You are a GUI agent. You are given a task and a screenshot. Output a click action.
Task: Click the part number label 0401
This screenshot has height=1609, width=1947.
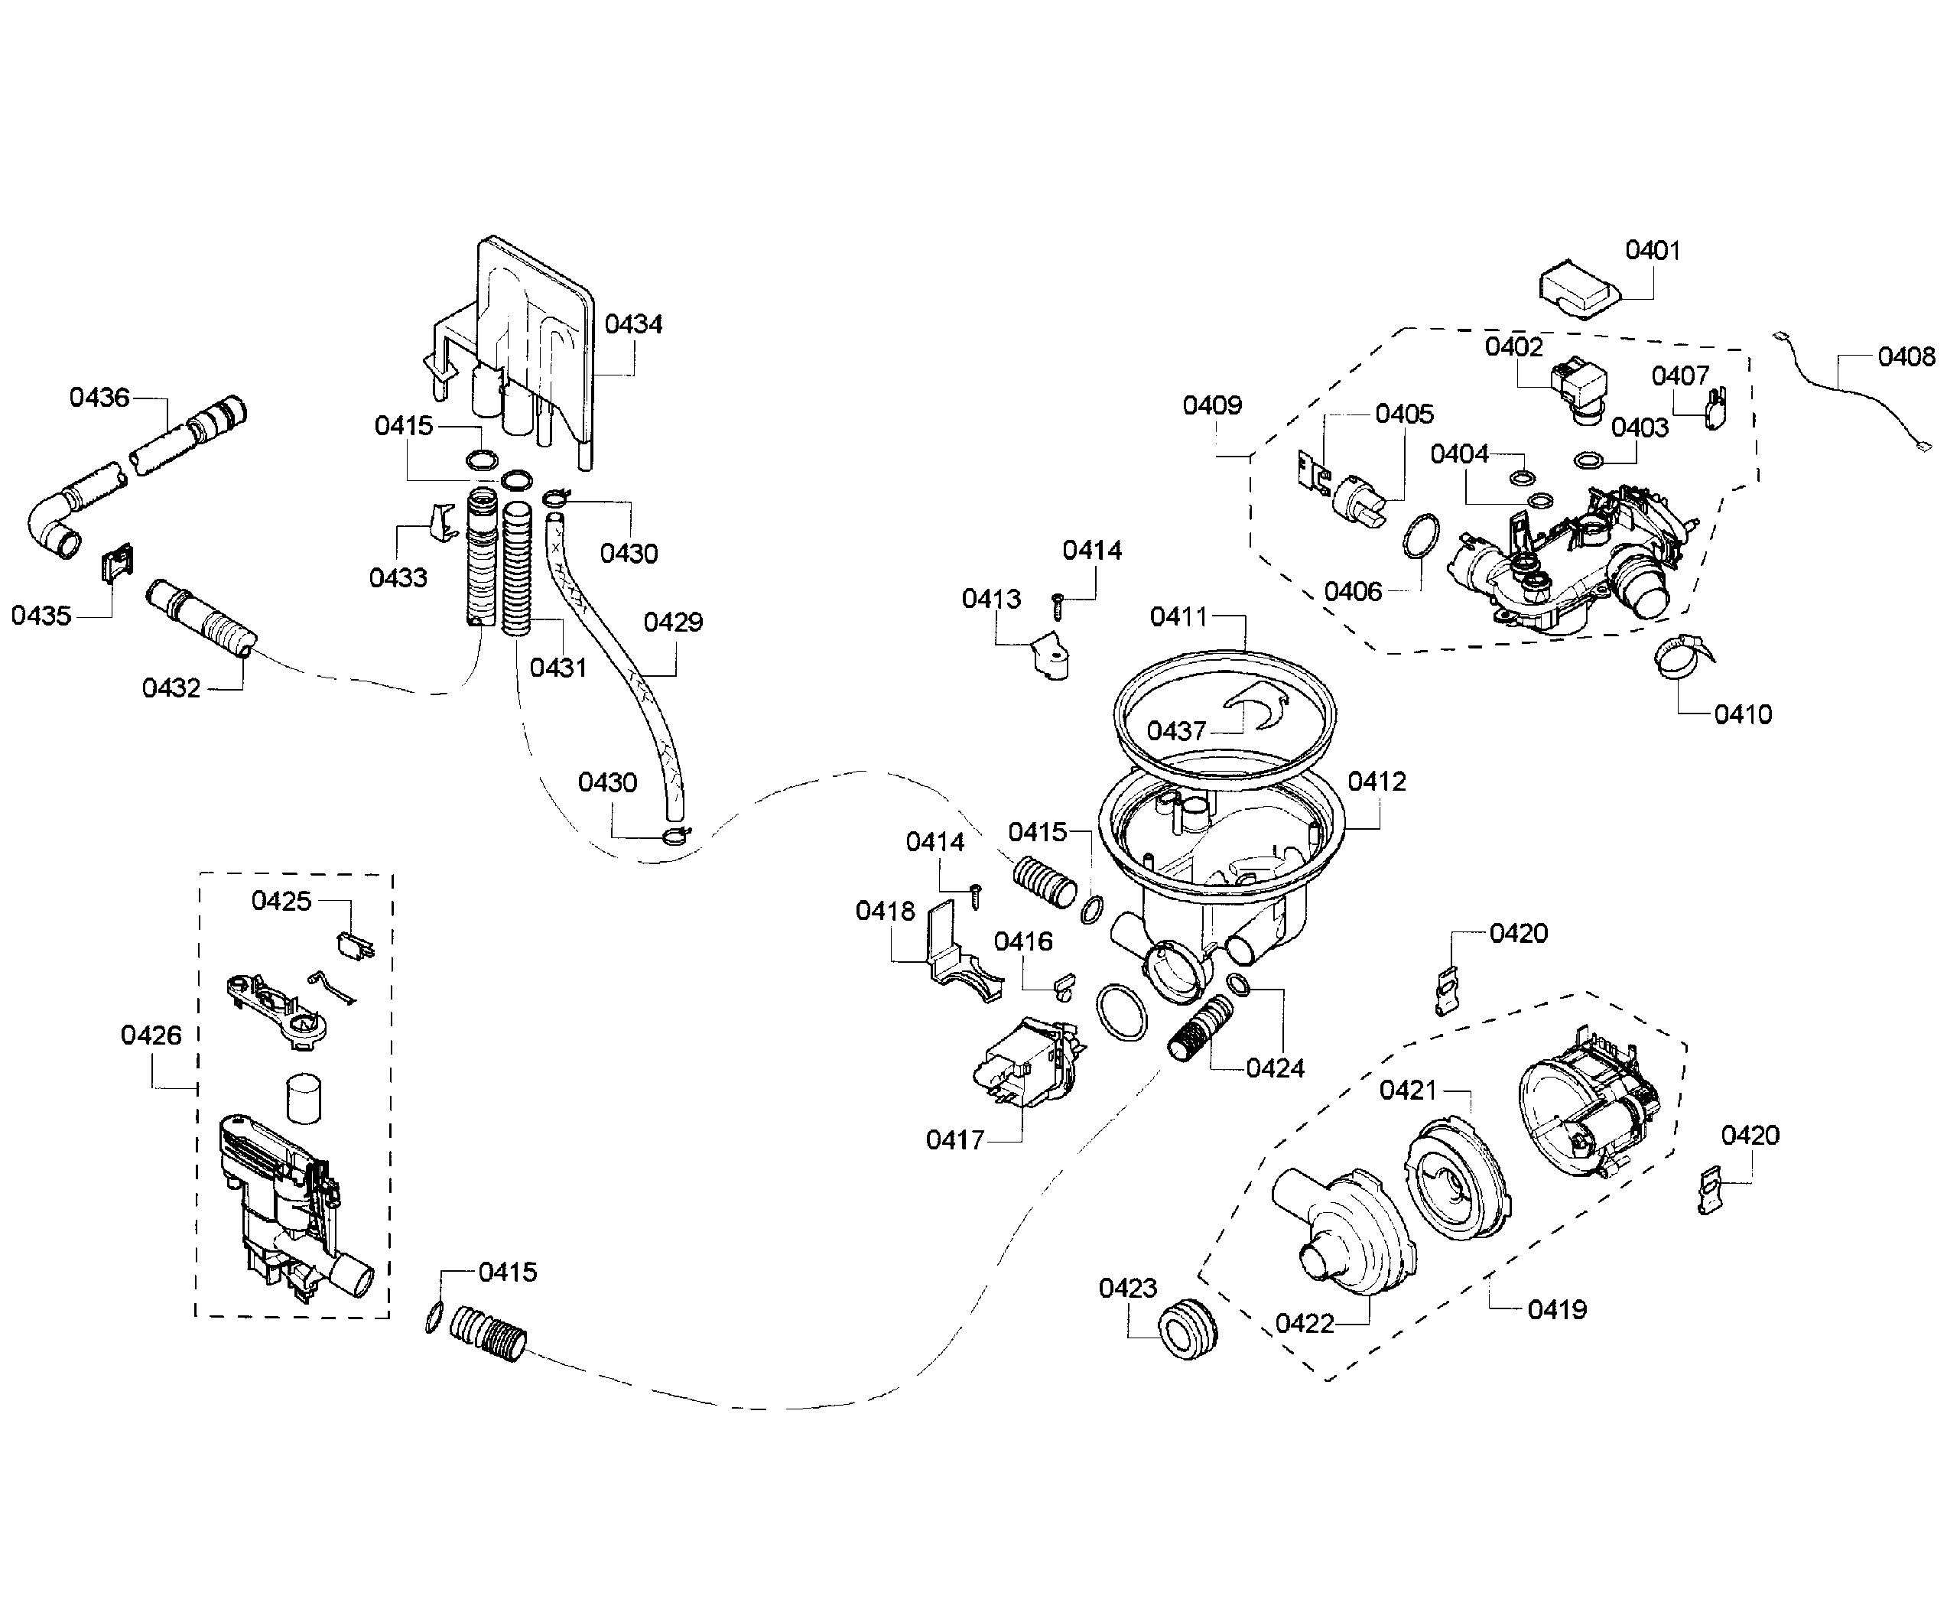tap(1653, 250)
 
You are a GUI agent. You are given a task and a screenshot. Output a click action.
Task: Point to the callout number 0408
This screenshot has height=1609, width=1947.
tap(1906, 357)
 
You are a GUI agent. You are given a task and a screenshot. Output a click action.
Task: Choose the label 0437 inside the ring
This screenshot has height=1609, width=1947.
tap(1176, 731)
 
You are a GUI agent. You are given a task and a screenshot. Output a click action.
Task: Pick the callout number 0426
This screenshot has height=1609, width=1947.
tap(151, 1035)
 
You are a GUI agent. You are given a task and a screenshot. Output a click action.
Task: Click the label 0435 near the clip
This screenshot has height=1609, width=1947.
tap(41, 616)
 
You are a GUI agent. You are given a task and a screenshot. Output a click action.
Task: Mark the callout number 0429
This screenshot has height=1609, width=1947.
tap(673, 622)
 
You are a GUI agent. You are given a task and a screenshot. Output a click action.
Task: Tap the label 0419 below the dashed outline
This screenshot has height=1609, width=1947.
tap(1556, 1310)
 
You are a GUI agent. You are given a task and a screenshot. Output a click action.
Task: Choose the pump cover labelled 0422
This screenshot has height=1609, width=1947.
tap(1344, 1233)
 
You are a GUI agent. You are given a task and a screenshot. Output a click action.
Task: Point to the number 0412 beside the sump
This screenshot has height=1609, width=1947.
tap(1377, 782)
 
